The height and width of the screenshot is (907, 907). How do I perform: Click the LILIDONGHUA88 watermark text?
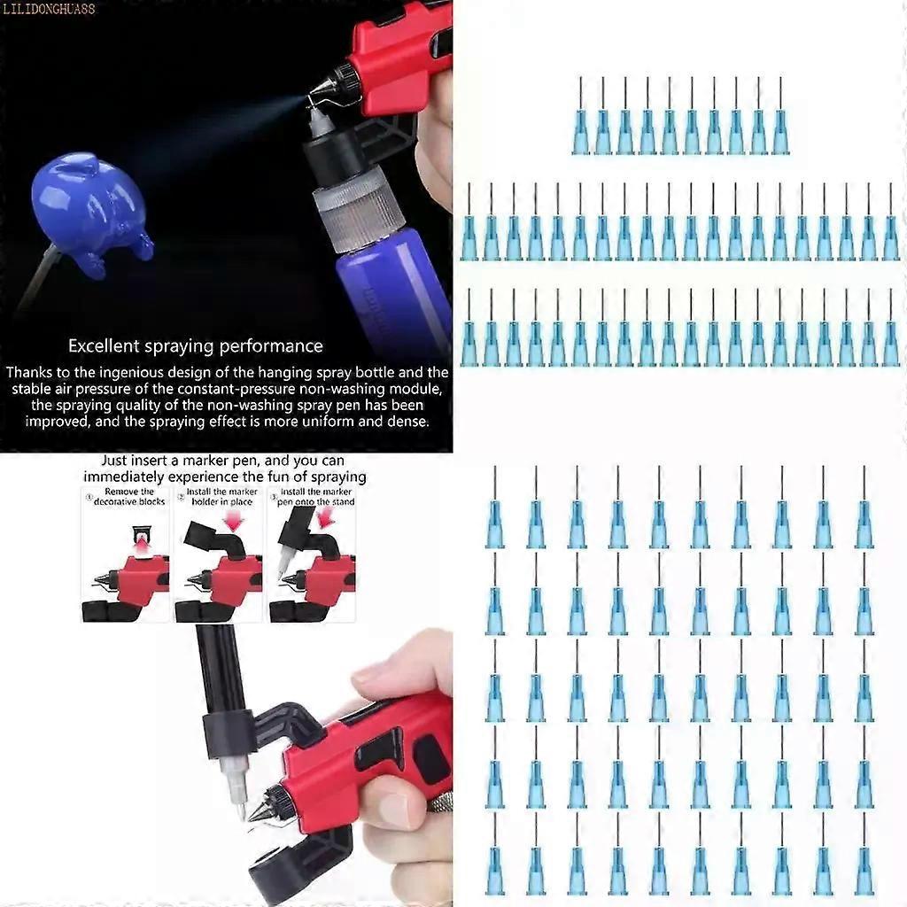click(x=49, y=9)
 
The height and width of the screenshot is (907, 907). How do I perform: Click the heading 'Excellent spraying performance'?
click(x=196, y=346)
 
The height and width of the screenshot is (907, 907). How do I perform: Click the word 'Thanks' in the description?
click(x=29, y=372)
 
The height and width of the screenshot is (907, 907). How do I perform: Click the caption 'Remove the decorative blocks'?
click(x=128, y=497)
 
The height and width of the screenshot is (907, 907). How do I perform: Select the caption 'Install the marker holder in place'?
click(x=221, y=497)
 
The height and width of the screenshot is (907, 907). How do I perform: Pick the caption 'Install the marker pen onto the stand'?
click(x=315, y=497)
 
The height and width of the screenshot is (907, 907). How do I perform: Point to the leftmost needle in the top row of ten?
click(x=580, y=116)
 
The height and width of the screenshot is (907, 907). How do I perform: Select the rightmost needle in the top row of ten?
click(x=780, y=116)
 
